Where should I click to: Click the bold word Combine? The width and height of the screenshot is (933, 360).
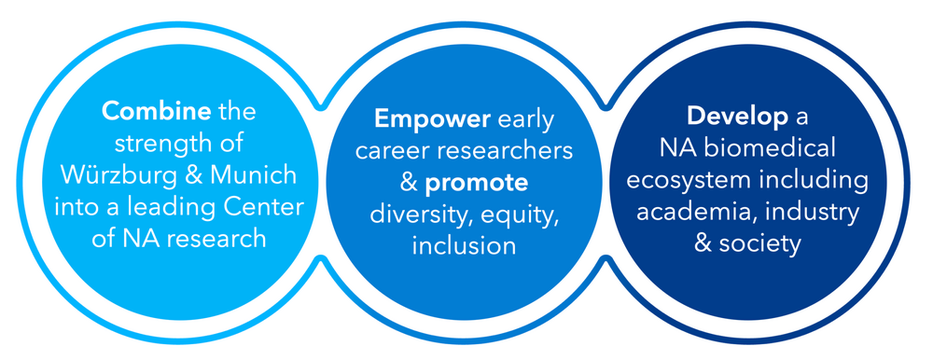pos(156,112)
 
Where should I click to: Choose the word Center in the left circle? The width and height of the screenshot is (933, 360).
pos(270,207)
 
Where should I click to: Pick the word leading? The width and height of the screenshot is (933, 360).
pos(189,208)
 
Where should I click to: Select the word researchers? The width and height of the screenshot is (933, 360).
pos(498,151)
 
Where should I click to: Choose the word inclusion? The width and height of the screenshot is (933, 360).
pos(464,246)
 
